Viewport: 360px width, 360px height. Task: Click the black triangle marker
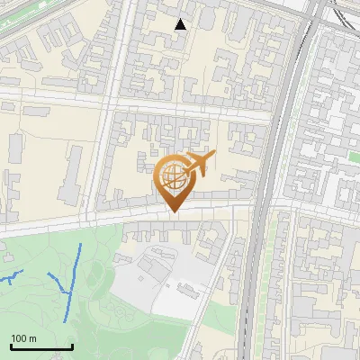[x=181, y=24]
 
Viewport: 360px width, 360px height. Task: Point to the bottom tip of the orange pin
[x=173, y=211]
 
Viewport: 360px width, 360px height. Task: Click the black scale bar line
[x=40, y=347]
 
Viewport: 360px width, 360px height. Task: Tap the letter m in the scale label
[x=31, y=339]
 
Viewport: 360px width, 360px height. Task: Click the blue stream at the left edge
[x=9, y=278]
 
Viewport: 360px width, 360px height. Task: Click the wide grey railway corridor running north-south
[x=270, y=180]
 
